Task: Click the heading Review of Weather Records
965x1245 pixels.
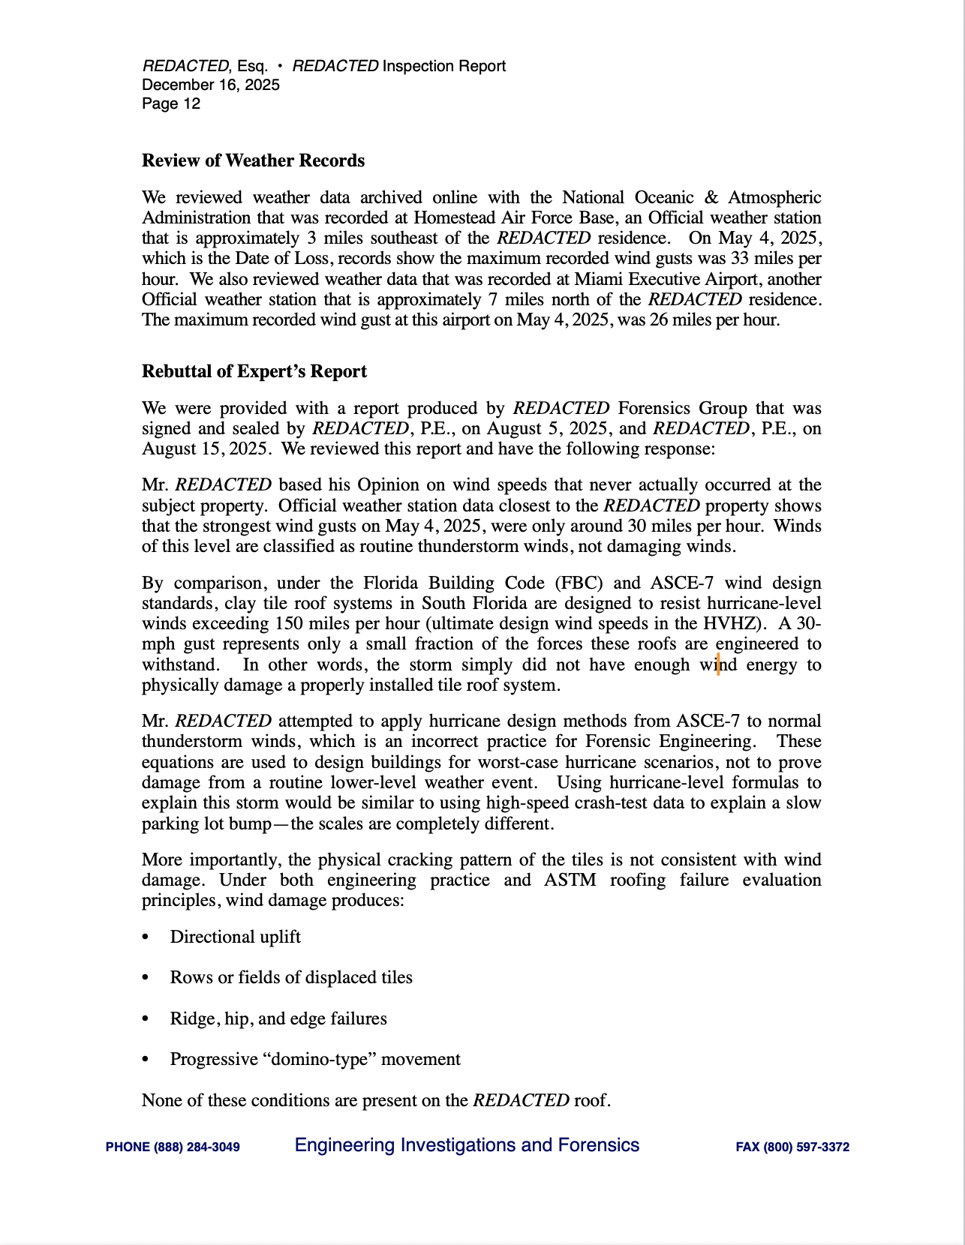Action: (x=253, y=160)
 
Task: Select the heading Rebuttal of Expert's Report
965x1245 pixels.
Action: (x=254, y=371)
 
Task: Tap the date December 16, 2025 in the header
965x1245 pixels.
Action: (x=211, y=85)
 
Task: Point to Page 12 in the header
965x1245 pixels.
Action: (x=171, y=103)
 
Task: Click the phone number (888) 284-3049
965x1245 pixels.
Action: (x=197, y=1147)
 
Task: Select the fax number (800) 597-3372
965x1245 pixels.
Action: (x=806, y=1147)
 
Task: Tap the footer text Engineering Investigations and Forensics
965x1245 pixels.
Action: (x=467, y=1145)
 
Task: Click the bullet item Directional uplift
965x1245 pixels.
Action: (x=235, y=937)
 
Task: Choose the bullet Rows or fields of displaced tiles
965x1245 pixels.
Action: (x=291, y=977)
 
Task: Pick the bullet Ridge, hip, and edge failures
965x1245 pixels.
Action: (x=278, y=1018)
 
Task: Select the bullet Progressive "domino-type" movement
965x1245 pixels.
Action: (x=315, y=1059)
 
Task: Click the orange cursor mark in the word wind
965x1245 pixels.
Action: (x=718, y=664)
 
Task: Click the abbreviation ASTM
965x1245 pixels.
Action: (x=570, y=880)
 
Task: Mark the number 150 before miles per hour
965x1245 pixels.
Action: (x=289, y=624)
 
